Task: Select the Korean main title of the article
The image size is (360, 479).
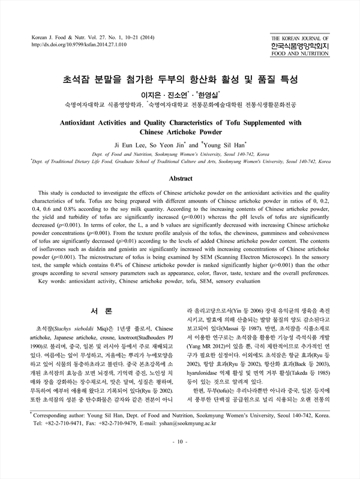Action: coord(180,79)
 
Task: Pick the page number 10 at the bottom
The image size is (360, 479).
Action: coord(180,459)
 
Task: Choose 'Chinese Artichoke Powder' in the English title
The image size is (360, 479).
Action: coord(180,132)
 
